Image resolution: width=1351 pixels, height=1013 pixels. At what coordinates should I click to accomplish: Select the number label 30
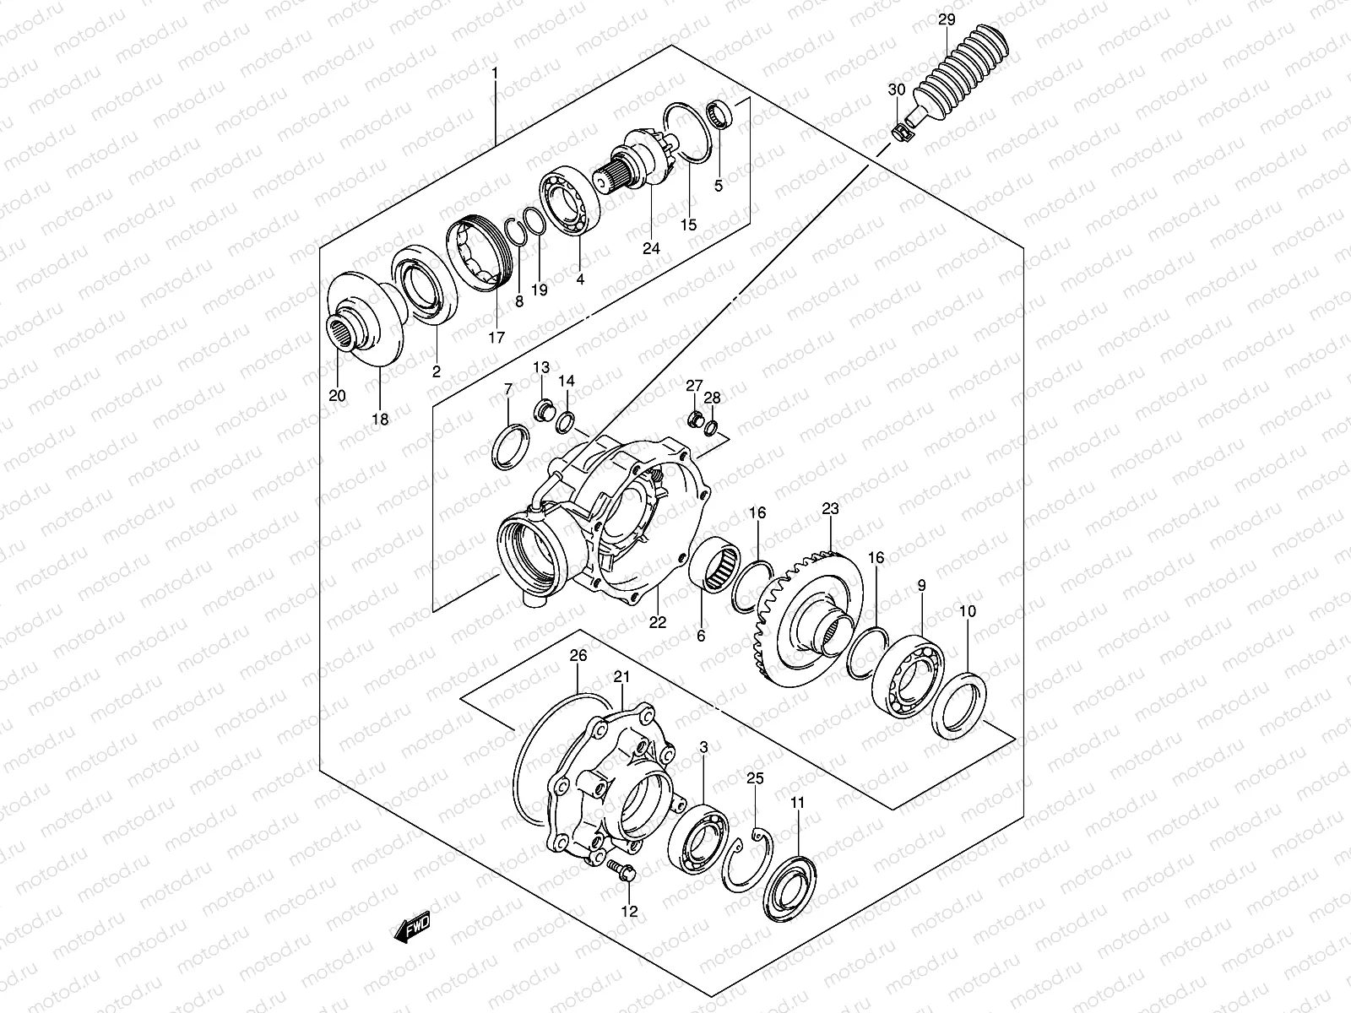click(x=896, y=89)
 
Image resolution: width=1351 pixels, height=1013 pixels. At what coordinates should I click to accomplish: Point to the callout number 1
click(x=495, y=73)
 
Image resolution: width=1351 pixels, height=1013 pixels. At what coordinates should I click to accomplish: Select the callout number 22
click(x=658, y=623)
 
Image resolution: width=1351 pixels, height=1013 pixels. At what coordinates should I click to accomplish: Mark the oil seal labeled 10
click(x=959, y=704)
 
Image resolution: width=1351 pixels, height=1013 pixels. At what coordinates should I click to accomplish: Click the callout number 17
click(x=496, y=338)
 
